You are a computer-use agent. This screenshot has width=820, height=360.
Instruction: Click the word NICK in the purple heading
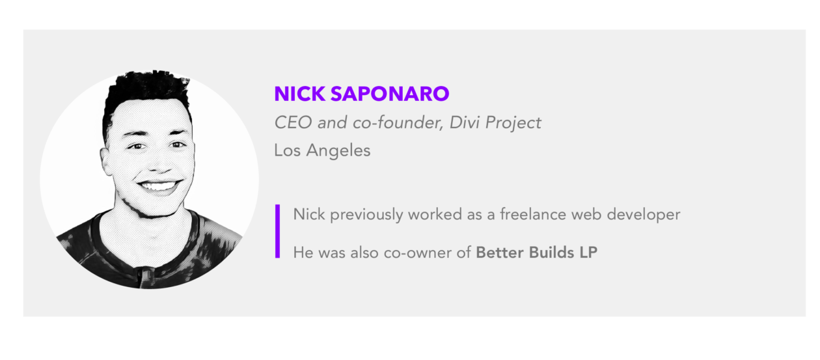point(300,94)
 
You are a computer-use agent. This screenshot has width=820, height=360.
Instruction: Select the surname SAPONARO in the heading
point(390,94)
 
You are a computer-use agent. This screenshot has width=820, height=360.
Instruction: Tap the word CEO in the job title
point(294,122)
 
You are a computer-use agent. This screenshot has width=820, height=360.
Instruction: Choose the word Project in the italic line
point(513,123)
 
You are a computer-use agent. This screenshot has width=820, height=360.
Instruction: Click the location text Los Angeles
point(323,150)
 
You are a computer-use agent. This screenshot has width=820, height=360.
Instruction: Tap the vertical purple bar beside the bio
point(277,231)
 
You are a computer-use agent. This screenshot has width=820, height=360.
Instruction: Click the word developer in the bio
point(644,215)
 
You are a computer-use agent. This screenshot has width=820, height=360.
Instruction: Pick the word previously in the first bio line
point(366,215)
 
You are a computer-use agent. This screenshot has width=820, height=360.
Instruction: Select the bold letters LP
point(588,253)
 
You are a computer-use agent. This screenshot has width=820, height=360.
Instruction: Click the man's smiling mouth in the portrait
point(159,186)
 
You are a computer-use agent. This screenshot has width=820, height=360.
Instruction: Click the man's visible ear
point(107,161)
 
